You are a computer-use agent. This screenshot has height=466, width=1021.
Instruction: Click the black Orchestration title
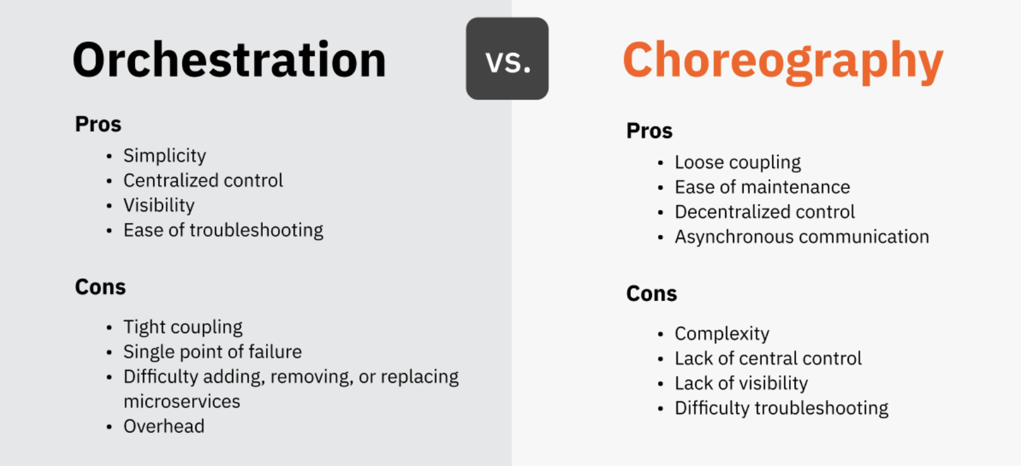pyautogui.click(x=229, y=59)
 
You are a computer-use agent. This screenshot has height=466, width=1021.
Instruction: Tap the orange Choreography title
pyautogui.click(x=783, y=62)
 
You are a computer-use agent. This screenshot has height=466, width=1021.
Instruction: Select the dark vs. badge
pyautogui.click(x=507, y=59)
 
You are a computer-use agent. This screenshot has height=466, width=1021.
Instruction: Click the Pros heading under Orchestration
pyautogui.click(x=98, y=124)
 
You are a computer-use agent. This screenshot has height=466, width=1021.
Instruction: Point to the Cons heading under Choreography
pyautogui.click(x=651, y=293)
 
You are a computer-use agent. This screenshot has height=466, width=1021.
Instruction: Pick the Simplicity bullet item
pyautogui.click(x=164, y=156)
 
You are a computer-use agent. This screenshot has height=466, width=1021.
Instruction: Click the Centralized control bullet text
pyautogui.click(x=204, y=180)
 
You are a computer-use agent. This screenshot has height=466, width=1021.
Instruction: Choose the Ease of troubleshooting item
pyautogui.click(x=223, y=230)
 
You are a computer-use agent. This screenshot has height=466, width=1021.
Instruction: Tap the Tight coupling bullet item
pyautogui.click(x=183, y=327)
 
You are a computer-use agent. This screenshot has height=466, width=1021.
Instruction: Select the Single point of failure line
pyautogui.click(x=212, y=351)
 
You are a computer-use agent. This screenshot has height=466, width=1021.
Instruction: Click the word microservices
pyautogui.click(x=182, y=402)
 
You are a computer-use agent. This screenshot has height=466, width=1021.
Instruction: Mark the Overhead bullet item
pyautogui.click(x=164, y=426)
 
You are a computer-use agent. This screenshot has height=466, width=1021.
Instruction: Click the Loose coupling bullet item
pyautogui.click(x=737, y=162)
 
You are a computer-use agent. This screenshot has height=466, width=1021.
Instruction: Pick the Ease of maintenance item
pyautogui.click(x=763, y=187)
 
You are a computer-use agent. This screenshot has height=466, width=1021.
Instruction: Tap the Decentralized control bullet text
pyautogui.click(x=765, y=212)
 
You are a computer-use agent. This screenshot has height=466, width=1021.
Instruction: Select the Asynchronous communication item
pyautogui.click(x=802, y=237)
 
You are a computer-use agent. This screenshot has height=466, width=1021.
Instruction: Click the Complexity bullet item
pyautogui.click(x=722, y=334)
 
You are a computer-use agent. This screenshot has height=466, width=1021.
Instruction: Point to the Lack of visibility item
pyautogui.click(x=741, y=384)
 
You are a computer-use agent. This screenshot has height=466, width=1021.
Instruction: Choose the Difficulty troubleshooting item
pyautogui.click(x=782, y=408)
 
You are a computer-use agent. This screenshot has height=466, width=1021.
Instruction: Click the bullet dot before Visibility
pyautogui.click(x=109, y=206)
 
